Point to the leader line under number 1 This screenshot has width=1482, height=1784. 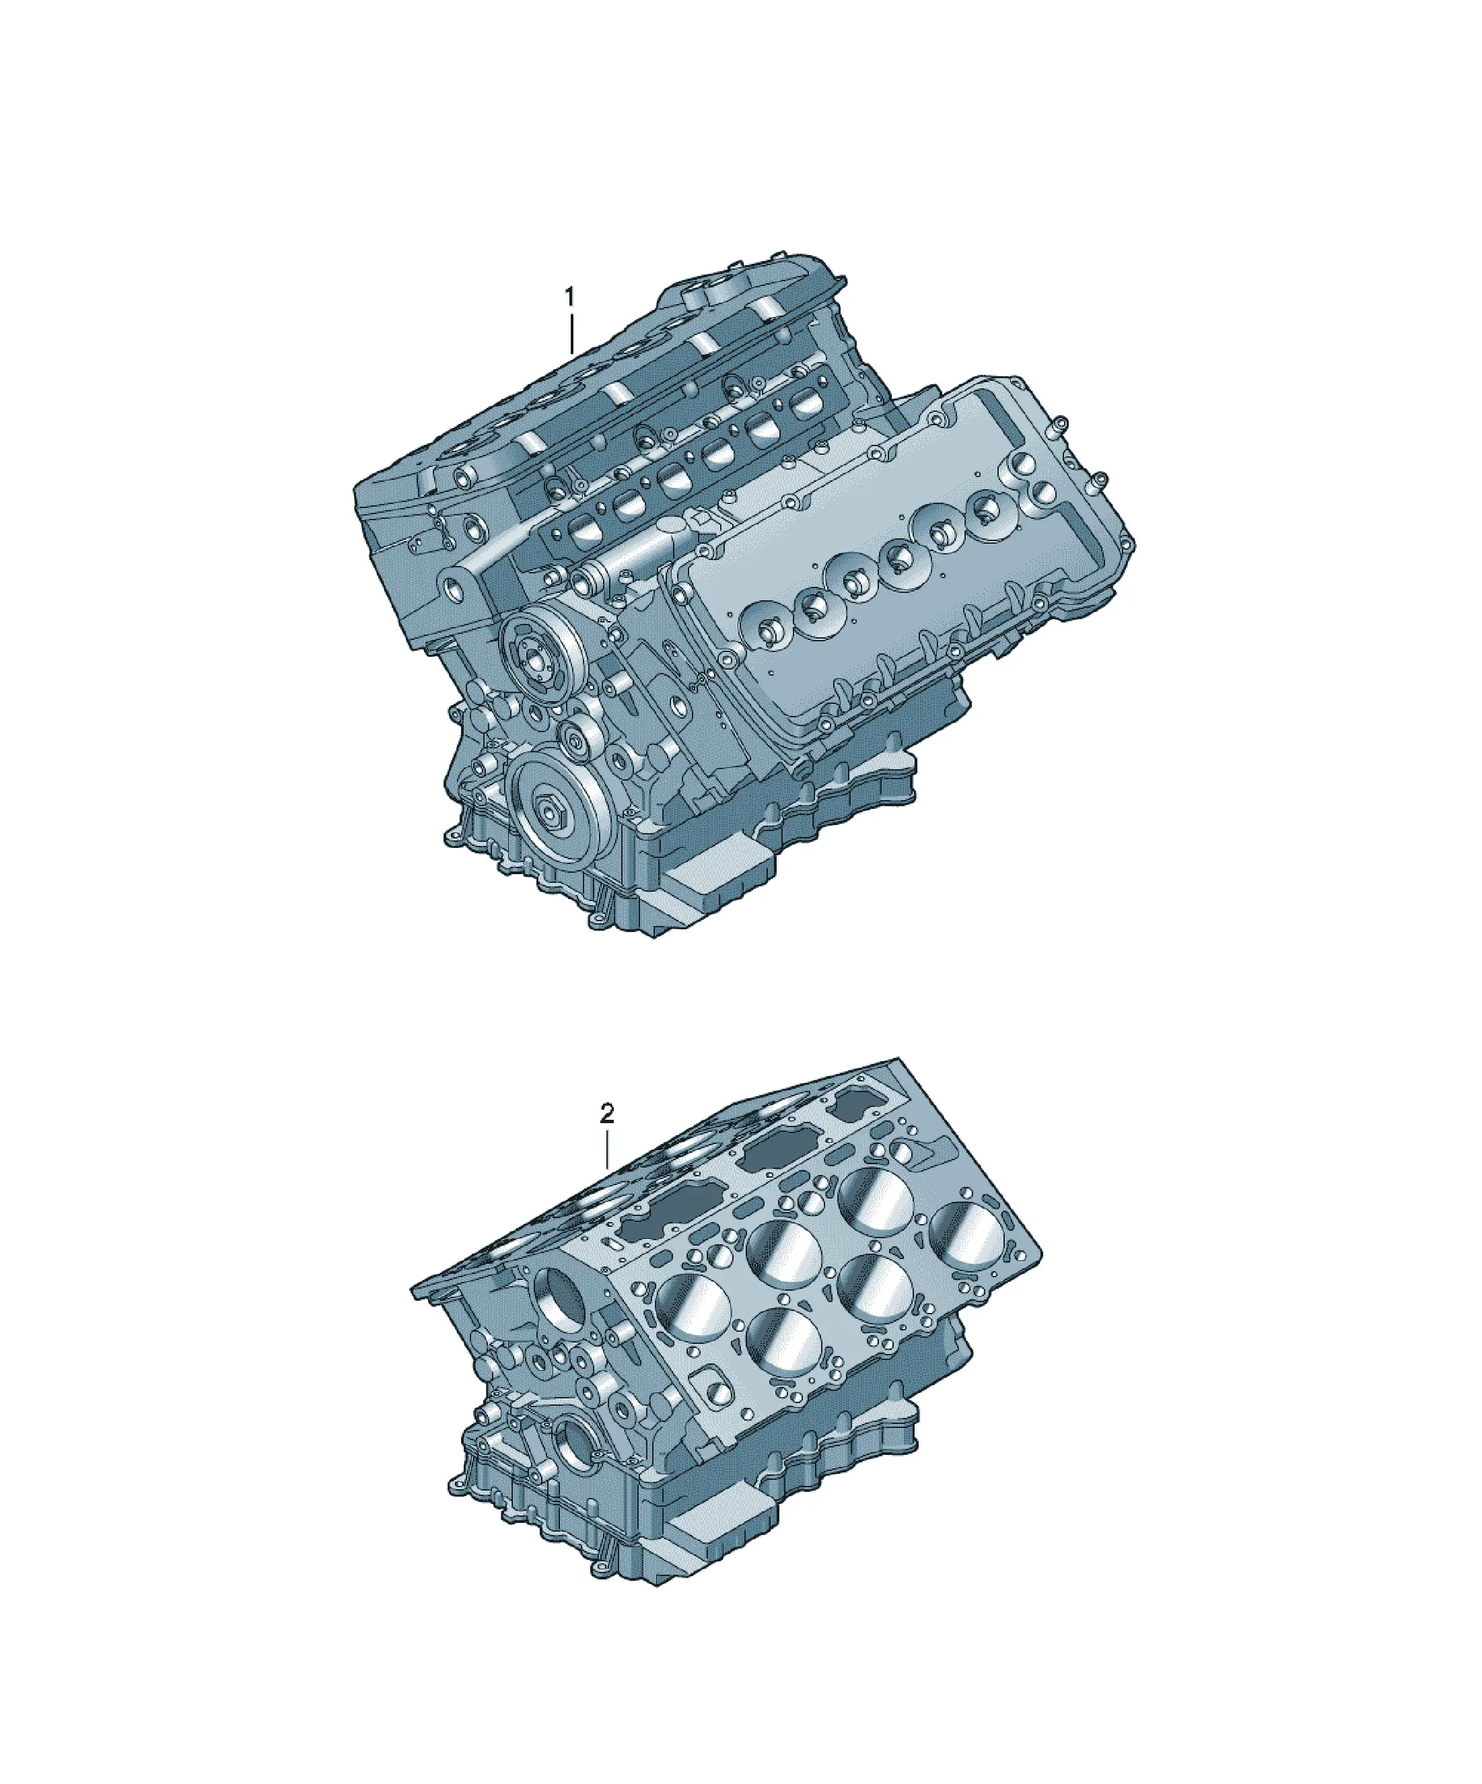click(572, 334)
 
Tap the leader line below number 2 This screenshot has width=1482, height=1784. click(608, 1149)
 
